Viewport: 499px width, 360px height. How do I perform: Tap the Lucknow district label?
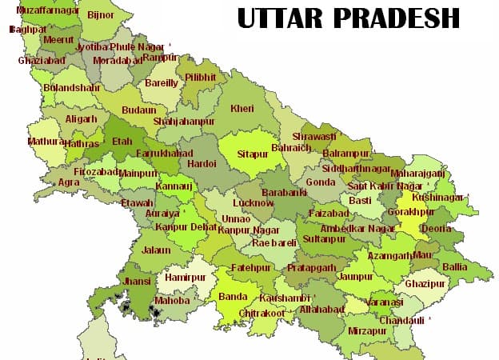click(252, 203)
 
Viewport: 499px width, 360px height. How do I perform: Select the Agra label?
click(69, 182)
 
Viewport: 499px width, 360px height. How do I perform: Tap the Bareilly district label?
click(161, 82)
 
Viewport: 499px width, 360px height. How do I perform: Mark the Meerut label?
click(58, 39)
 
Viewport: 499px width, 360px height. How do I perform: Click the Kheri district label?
click(242, 108)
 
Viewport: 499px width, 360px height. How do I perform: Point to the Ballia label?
click(456, 266)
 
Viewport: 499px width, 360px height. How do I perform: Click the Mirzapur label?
click(367, 330)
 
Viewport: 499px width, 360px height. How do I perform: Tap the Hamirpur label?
click(186, 278)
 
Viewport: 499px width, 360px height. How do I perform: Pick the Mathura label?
click(46, 142)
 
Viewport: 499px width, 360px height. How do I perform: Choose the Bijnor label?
click(100, 14)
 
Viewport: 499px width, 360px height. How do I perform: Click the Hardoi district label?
click(201, 163)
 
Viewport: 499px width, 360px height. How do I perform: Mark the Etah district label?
click(122, 141)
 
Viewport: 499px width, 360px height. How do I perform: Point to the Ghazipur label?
click(424, 284)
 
